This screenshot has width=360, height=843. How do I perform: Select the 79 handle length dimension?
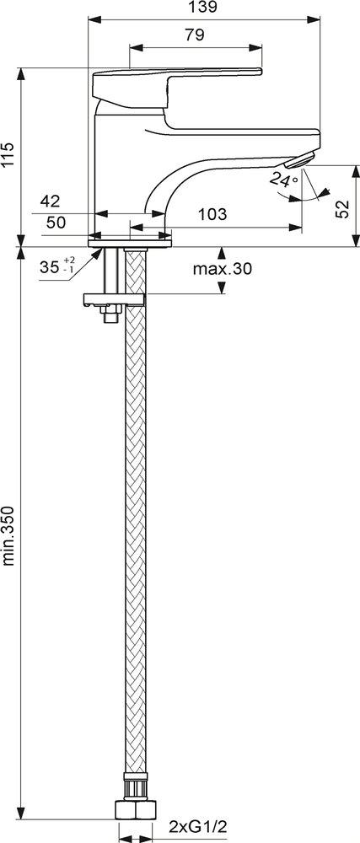point(194,35)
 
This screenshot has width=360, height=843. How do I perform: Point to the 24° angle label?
point(283,179)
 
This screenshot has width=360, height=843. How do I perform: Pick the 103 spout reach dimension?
point(212,214)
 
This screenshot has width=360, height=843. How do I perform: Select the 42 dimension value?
point(50,201)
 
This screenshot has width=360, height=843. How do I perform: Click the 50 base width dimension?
point(56,222)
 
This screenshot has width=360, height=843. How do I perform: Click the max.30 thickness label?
point(222,269)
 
